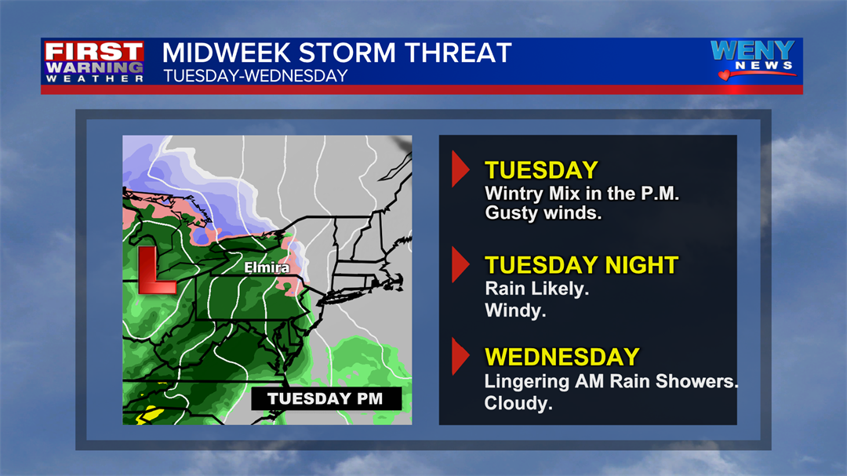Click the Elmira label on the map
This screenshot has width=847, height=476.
click(267, 268)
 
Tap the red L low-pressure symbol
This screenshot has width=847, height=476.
click(155, 271)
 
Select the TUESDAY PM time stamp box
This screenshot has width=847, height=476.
click(325, 398)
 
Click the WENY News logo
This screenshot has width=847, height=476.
click(752, 59)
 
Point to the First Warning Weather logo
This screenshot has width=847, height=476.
click(94, 62)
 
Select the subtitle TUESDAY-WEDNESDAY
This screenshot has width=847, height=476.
click(255, 76)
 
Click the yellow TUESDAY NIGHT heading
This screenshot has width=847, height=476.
click(581, 265)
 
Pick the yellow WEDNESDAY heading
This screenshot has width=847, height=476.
click(562, 357)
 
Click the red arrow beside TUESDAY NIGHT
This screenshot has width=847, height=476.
click(460, 266)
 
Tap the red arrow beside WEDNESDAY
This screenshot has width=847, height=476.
click(460, 358)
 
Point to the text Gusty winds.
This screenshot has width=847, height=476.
click(543, 213)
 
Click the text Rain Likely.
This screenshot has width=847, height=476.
click(536, 289)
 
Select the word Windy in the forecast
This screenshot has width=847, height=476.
click(515, 311)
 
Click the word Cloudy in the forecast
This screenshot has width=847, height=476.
click(518, 403)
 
